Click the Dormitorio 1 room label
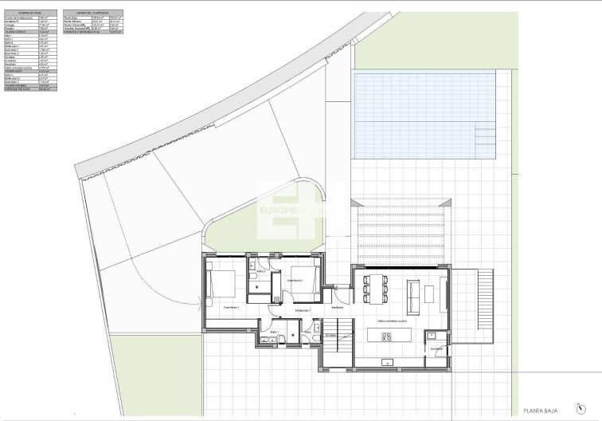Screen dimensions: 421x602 coord(232,306)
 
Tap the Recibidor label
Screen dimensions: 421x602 coord(338,307)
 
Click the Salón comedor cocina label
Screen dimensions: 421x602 coord(392,321)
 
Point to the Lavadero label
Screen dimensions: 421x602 coord(436,348)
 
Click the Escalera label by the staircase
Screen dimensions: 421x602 coord(330,336)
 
